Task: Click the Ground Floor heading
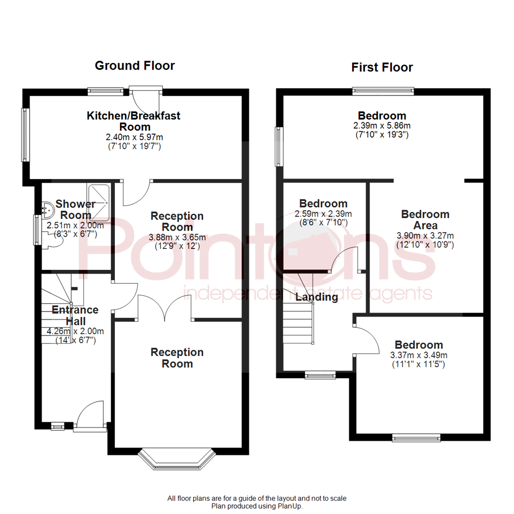(135, 65)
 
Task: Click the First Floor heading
(382, 67)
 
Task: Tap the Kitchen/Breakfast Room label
(134, 121)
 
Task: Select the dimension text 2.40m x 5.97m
(134, 137)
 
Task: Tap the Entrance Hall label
(75, 316)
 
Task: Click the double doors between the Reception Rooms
(165, 308)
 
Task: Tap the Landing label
(316, 297)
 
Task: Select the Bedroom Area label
(425, 220)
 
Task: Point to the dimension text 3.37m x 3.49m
(419, 355)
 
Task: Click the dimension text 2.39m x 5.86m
(382, 126)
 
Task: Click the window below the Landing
(320, 376)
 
